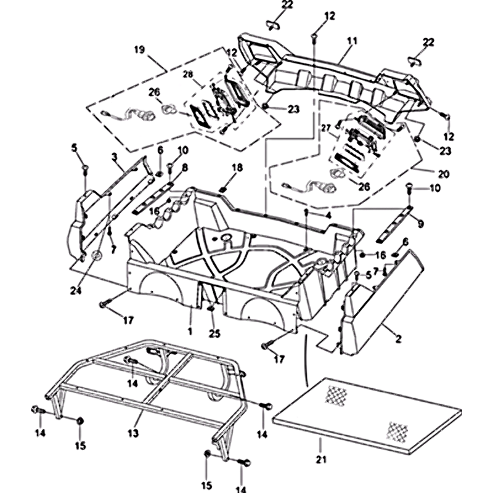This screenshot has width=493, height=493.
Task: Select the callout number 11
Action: (352, 41)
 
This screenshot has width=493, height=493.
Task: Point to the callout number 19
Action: (139, 49)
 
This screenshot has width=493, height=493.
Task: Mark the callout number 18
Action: (237, 168)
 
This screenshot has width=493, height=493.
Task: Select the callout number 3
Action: (115, 158)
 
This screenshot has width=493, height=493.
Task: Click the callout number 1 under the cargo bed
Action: (190, 331)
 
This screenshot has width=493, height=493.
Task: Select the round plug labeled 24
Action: (96, 256)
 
